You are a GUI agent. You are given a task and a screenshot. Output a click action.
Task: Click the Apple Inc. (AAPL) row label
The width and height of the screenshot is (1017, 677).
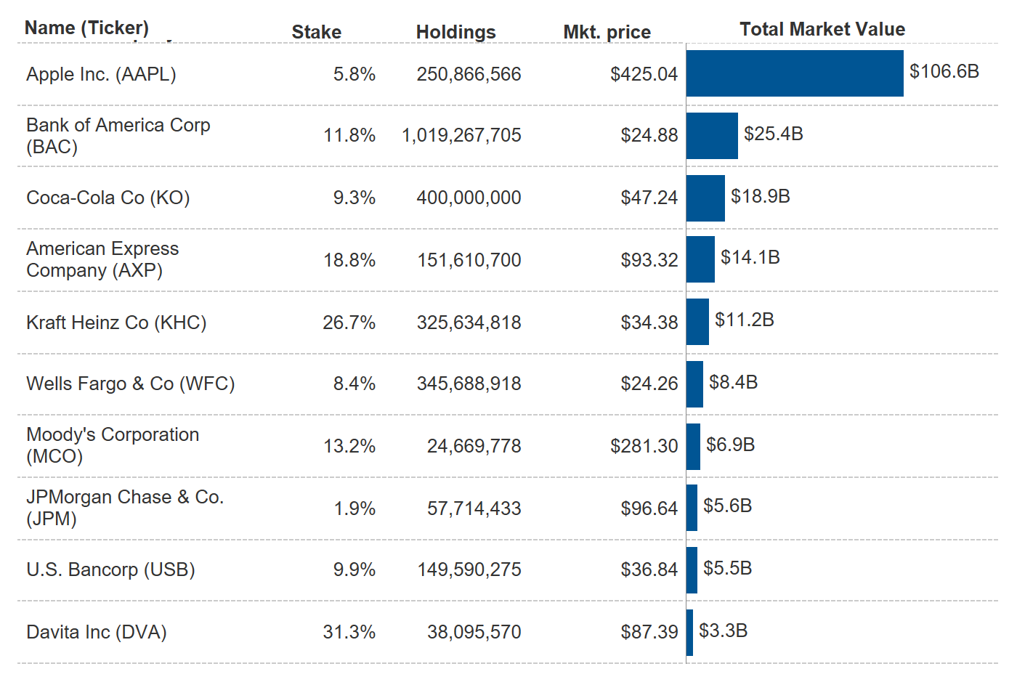click(x=101, y=74)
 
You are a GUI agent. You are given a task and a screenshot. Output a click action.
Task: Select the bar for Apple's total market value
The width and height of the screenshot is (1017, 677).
click(x=794, y=73)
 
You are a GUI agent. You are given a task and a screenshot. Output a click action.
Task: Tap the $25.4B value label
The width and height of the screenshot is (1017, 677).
click(x=773, y=134)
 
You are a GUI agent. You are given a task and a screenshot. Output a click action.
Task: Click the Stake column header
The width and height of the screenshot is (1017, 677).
click(x=316, y=32)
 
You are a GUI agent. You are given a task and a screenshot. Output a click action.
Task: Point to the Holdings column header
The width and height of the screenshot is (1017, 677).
click(x=455, y=32)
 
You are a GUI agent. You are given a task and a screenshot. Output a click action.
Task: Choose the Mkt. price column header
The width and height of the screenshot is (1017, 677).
click(x=607, y=32)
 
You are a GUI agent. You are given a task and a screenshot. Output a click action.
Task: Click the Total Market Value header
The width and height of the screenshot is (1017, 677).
click(x=822, y=29)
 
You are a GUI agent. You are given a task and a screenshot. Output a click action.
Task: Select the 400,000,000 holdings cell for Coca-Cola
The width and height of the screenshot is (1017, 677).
click(x=469, y=198)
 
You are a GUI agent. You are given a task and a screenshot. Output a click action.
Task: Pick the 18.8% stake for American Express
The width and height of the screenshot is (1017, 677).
click(x=349, y=260)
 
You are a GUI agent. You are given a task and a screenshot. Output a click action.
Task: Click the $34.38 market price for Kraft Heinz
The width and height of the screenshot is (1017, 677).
click(x=649, y=323)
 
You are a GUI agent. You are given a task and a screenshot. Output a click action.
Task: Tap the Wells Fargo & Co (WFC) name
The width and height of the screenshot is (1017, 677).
click(x=131, y=384)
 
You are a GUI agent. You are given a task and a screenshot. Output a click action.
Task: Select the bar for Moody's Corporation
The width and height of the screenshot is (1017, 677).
click(x=693, y=447)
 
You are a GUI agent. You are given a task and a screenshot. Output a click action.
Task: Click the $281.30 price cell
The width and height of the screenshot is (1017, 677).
click(x=644, y=446)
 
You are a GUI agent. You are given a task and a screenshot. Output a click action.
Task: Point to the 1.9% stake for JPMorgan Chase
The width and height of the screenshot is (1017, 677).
click(x=354, y=508)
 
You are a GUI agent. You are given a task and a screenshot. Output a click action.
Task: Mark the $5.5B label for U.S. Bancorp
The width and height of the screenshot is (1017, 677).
click(x=727, y=568)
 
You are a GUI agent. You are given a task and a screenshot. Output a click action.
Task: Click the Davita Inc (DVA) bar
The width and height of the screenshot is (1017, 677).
click(x=689, y=633)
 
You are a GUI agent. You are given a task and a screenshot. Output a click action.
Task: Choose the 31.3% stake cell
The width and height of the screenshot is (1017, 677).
click(x=349, y=632)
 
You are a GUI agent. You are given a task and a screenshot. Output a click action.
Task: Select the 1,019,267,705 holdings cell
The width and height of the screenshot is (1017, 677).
click(x=461, y=135)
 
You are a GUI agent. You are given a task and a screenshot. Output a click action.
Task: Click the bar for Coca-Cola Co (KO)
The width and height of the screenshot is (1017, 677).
click(x=705, y=198)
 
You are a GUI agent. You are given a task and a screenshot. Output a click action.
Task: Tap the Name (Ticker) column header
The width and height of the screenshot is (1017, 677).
click(x=86, y=28)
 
